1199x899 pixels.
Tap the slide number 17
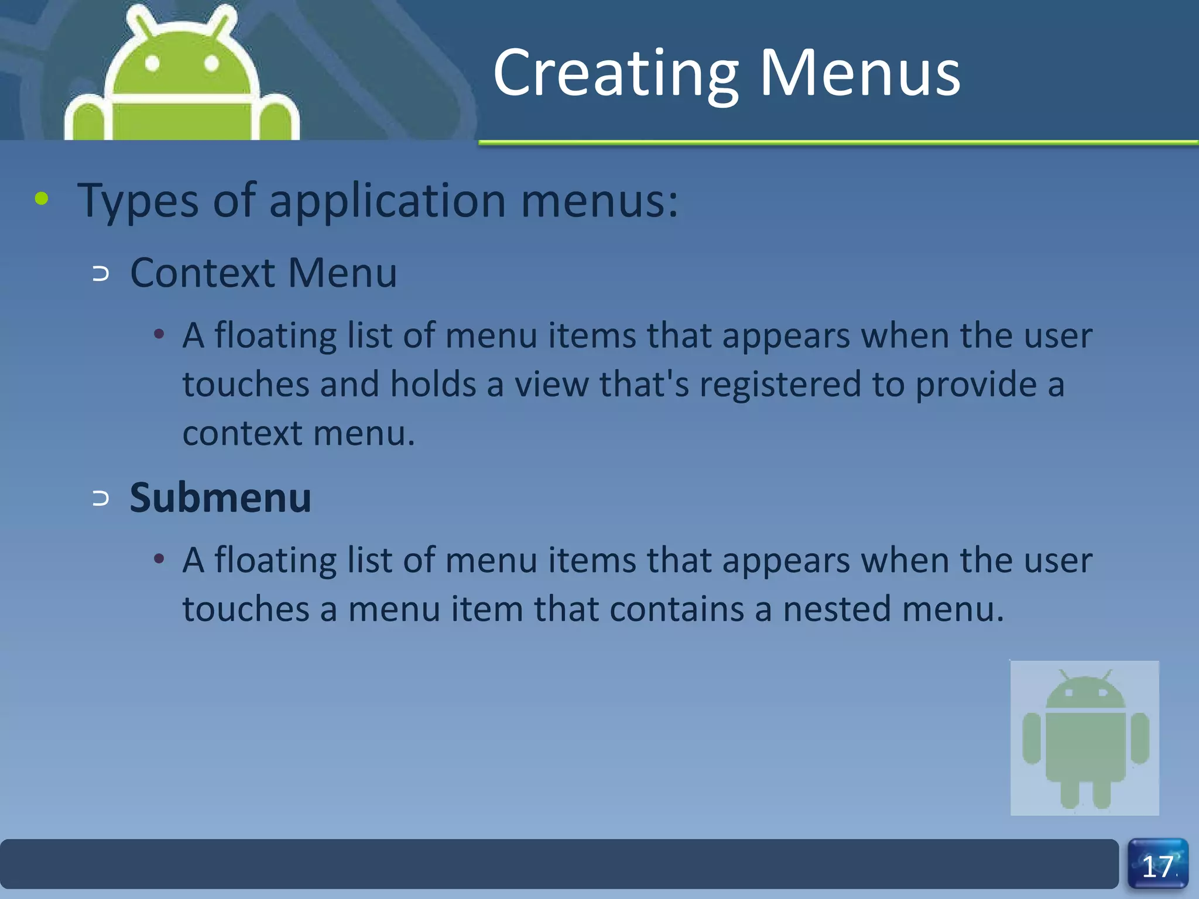point(1157,866)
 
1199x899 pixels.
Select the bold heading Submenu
point(220,498)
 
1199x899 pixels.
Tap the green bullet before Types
point(42,198)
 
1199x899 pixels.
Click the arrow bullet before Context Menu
point(101,273)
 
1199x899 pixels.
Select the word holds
point(433,385)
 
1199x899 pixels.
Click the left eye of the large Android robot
point(152,63)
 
